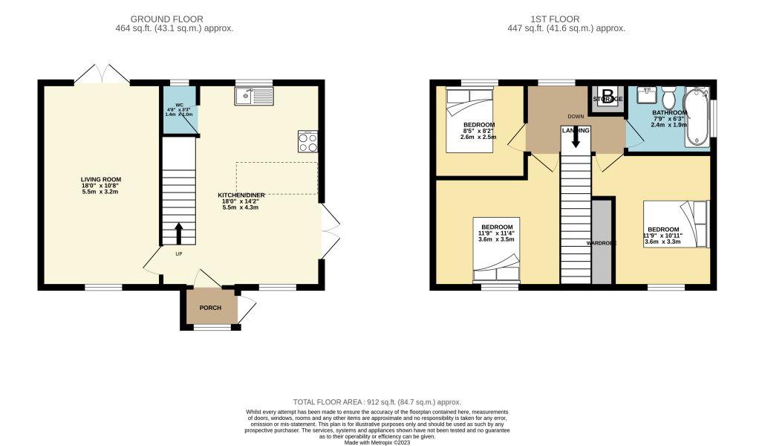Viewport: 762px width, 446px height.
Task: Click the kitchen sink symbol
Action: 253,95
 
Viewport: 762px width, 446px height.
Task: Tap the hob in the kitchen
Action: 307,141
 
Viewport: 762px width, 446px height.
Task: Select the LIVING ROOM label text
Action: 101,179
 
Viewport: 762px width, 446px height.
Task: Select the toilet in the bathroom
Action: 667,98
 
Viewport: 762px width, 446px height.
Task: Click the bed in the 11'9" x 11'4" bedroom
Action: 496,250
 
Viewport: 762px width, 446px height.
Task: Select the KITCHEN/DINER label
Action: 237,195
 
